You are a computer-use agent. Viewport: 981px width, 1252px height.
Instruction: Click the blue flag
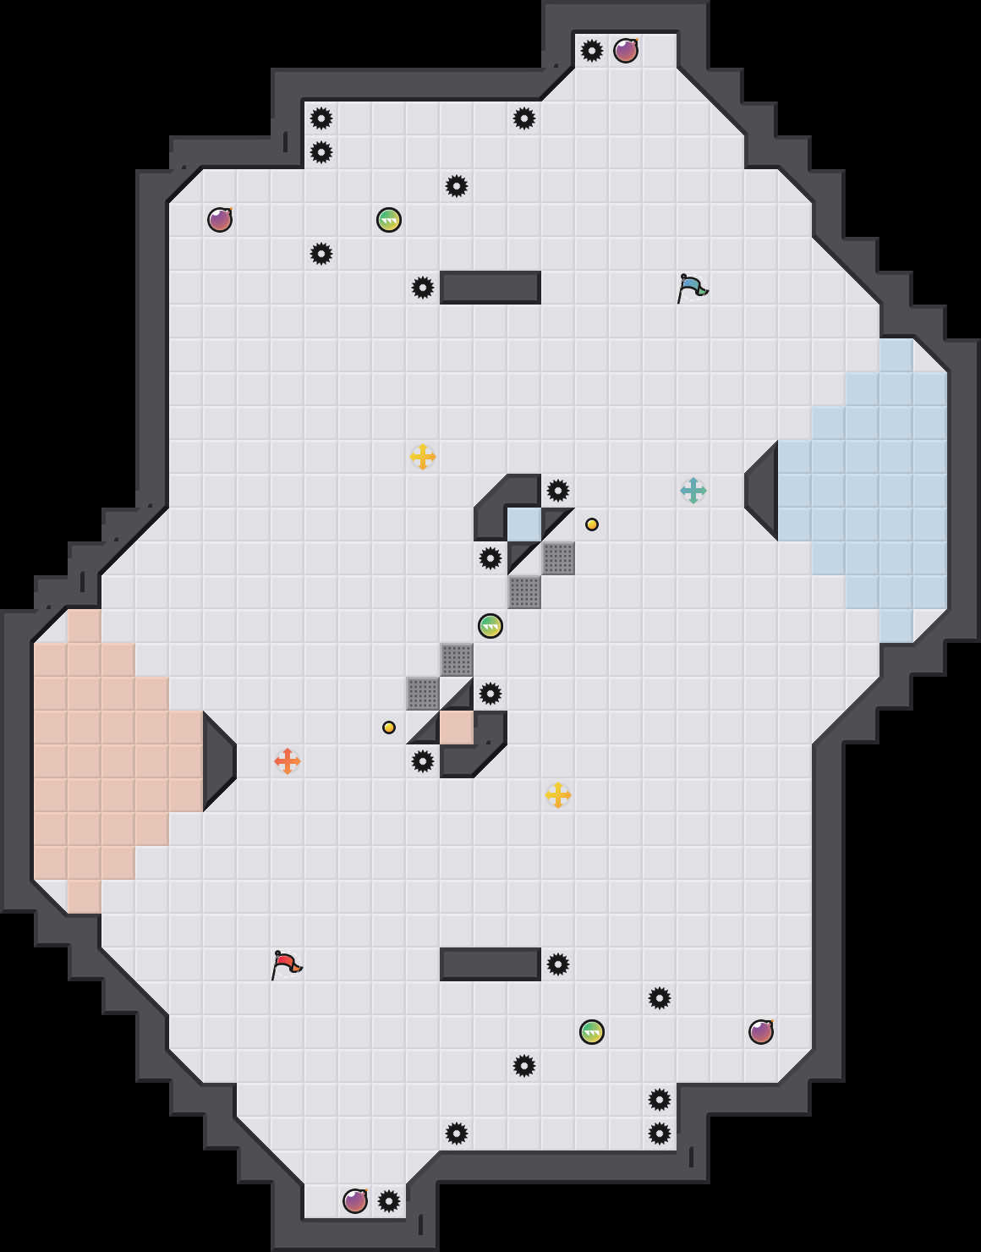coord(692,288)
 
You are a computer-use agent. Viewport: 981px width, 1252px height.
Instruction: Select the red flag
coord(286,964)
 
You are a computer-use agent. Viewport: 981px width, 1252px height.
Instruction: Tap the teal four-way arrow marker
coord(693,491)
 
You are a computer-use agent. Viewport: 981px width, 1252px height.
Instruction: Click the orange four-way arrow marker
coord(288,761)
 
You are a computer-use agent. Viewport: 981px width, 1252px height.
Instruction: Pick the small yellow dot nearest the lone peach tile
coord(389,728)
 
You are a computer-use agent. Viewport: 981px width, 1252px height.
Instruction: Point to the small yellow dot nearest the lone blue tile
coord(592,524)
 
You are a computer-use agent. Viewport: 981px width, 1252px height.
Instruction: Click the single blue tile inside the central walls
coord(524,524)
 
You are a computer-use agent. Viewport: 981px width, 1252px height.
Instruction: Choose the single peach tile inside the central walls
coord(457,728)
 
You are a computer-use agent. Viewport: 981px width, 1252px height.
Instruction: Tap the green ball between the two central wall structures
coord(490,626)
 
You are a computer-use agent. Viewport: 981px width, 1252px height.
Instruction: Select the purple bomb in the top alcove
coord(626,51)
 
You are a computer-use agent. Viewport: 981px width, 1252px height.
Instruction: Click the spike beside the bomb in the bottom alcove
coord(389,1201)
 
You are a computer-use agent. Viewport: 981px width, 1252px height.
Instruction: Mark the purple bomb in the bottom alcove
coord(355,1201)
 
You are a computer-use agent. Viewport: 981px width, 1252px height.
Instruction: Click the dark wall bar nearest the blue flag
coord(490,288)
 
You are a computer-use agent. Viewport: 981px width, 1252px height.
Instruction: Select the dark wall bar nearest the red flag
coord(490,964)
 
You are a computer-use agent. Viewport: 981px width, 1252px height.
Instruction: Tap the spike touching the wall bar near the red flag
coord(558,964)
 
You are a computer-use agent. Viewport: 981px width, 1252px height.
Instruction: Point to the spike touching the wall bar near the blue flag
coord(423,288)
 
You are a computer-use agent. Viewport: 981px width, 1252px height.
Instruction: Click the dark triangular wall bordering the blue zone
coord(765,491)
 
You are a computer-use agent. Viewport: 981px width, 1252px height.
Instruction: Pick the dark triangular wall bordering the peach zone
coord(216,761)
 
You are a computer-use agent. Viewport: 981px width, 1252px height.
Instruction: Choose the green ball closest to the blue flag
coord(389,220)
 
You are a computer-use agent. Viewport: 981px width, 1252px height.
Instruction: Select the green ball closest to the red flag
coord(592,1032)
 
